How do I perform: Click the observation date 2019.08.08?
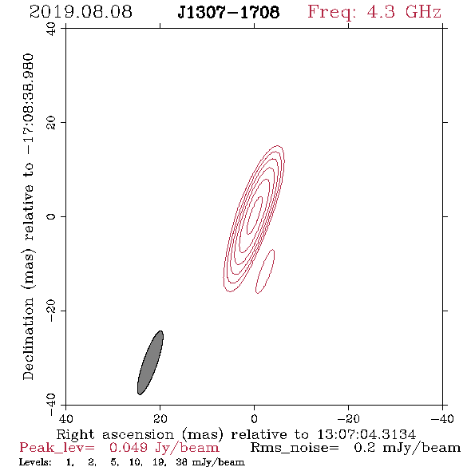point(81,12)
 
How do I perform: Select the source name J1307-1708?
point(228,12)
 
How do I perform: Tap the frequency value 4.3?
point(381,12)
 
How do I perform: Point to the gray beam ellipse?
point(150,363)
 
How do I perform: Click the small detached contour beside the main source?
point(265,271)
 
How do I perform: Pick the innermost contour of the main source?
point(255,215)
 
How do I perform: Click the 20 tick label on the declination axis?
point(52,123)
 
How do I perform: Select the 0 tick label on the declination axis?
point(52,216)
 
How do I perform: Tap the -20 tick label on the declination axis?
point(52,311)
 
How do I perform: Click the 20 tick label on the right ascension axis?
point(160,419)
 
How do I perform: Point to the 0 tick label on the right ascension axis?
point(255,419)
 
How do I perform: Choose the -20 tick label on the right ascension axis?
point(348,419)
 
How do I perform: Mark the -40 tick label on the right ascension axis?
point(442,419)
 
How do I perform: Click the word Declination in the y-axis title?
point(28,338)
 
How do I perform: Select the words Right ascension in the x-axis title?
point(115,434)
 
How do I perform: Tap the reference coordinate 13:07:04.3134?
point(366,434)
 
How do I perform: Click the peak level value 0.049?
point(129,448)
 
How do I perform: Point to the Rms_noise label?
point(295,448)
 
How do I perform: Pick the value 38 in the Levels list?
point(182,462)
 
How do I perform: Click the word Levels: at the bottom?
point(35,462)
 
